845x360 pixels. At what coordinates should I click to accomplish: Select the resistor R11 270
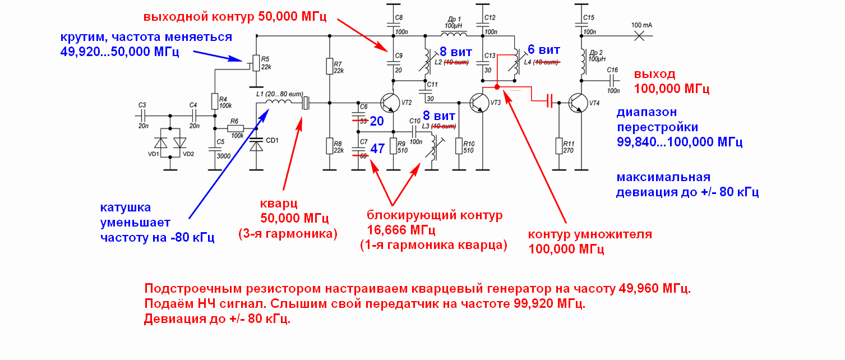pos(558,146)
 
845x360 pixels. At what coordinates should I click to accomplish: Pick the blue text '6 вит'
pos(543,49)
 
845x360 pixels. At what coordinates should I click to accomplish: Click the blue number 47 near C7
pos(377,149)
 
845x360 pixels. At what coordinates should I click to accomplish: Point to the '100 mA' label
pos(641,25)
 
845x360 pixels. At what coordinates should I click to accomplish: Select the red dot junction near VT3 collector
pos(497,87)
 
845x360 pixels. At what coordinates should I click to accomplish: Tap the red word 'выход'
pos(654,75)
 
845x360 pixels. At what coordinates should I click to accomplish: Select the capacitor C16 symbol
pos(612,82)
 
